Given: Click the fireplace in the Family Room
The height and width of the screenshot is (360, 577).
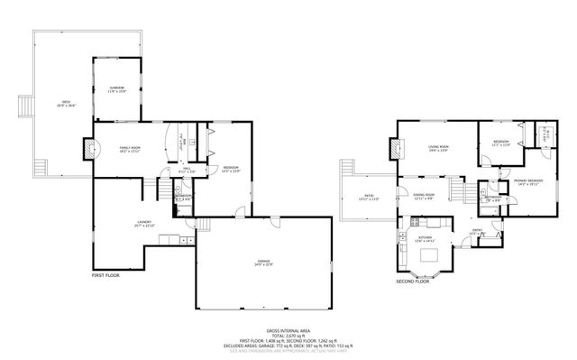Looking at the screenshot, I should (88, 148).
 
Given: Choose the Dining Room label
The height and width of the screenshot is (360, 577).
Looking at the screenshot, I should (424, 197).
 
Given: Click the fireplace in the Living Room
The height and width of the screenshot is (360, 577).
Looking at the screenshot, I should (395, 148).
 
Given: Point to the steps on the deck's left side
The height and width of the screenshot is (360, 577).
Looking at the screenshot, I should (25, 106).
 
